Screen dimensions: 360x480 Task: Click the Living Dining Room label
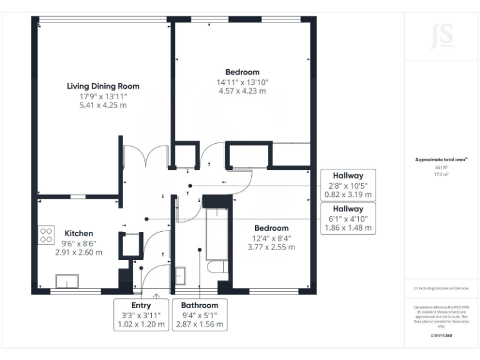tap(103, 86)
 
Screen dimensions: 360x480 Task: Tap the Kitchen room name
tap(79, 233)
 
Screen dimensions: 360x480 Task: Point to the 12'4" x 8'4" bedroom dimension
tap(271, 237)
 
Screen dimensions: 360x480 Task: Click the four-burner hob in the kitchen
tap(46, 235)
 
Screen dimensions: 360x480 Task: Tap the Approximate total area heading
tap(441, 160)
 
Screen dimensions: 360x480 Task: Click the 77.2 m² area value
tap(441, 175)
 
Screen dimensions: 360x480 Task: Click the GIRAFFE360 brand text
tap(441, 335)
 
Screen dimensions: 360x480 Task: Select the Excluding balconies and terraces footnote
tap(441, 288)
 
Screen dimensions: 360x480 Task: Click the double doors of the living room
tap(146, 156)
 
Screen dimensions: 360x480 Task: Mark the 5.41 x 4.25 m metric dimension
tap(103, 106)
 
